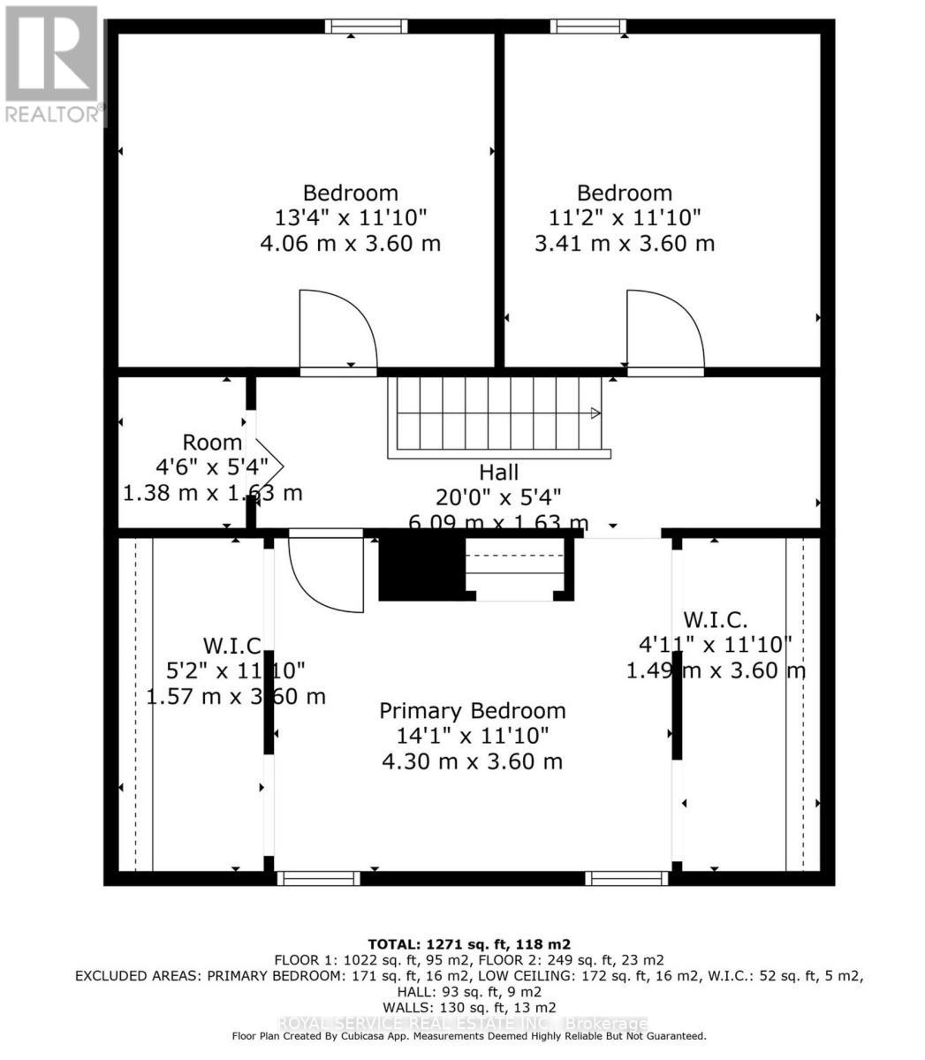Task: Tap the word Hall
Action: pos(498,473)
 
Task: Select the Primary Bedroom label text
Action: pos(472,711)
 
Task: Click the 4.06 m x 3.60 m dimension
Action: pos(350,243)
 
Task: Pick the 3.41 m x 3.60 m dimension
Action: pos(624,243)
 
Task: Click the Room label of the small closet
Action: pos(212,443)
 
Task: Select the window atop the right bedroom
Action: pos(588,26)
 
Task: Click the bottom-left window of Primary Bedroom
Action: pos(318,878)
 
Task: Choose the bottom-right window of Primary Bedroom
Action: pos(626,878)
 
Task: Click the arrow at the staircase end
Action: pos(595,413)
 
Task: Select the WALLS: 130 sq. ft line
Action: pos(469,1007)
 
